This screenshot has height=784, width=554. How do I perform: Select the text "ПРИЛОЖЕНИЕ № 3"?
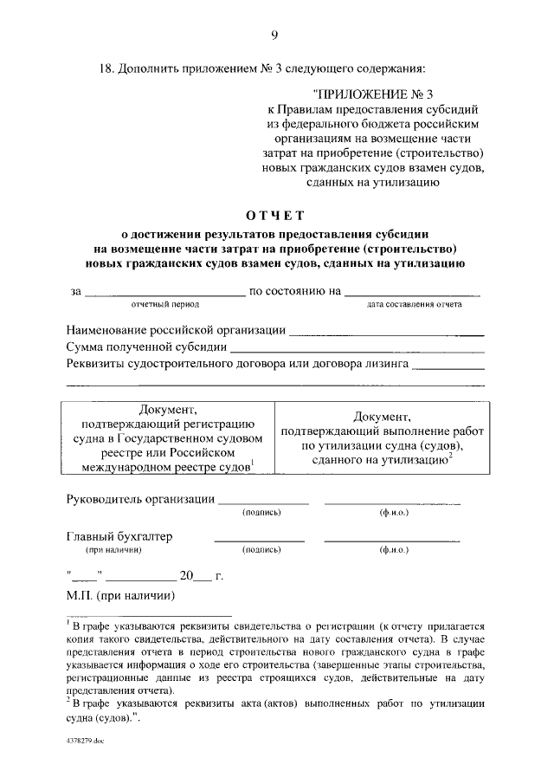(375, 94)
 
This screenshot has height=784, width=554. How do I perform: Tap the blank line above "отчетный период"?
(164, 295)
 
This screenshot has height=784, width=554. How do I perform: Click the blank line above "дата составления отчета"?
(413, 295)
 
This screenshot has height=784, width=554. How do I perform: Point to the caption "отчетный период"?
(165, 305)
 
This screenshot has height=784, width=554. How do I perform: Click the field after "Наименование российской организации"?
(386, 333)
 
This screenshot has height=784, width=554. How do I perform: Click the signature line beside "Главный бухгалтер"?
(259, 541)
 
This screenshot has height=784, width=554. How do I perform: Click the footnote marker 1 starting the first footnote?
(68, 621)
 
